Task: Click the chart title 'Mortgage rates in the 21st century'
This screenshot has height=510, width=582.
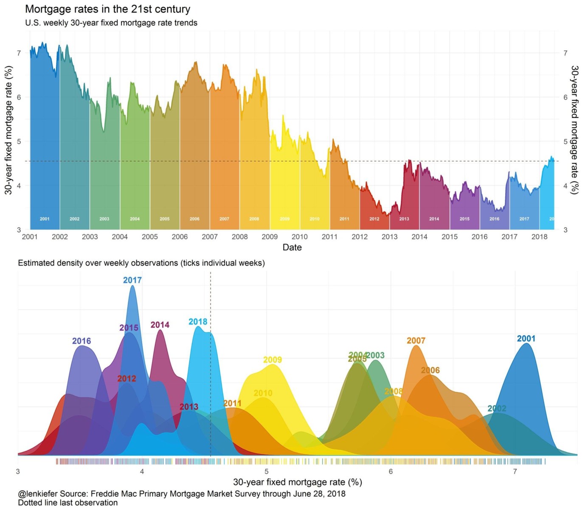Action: click(x=108, y=9)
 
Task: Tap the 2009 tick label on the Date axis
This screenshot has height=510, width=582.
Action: click(x=270, y=237)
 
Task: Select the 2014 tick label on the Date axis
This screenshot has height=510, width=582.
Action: click(x=419, y=237)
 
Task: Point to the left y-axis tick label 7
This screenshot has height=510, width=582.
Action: click(x=19, y=53)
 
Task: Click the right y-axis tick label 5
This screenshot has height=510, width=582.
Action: click(x=565, y=142)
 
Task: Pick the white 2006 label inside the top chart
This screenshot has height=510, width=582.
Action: click(x=194, y=219)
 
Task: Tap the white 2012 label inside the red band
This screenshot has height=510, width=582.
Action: click(x=374, y=219)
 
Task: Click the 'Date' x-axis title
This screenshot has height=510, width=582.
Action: click(x=292, y=247)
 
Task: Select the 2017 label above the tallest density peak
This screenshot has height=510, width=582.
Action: click(x=132, y=280)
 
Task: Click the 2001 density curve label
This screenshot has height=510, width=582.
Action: click(x=526, y=339)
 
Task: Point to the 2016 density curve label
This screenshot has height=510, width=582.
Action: click(x=82, y=341)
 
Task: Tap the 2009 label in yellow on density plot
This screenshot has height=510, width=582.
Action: click(x=273, y=360)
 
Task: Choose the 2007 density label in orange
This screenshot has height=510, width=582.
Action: click(x=416, y=341)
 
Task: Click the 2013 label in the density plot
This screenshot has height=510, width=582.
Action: click(x=189, y=407)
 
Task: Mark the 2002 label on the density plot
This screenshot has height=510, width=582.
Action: click(x=497, y=408)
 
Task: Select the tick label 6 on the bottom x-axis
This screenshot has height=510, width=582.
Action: click(x=391, y=471)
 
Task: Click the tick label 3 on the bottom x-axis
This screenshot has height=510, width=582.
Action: click(x=18, y=471)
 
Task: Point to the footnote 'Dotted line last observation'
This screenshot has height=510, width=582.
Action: click(x=68, y=503)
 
